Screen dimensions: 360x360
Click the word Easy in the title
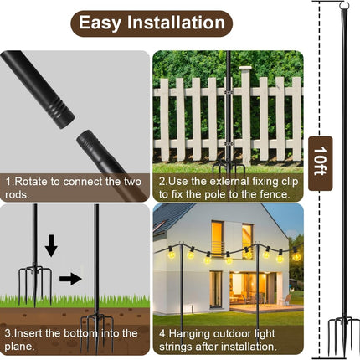100,23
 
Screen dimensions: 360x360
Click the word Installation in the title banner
176,23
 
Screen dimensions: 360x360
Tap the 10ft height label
320,161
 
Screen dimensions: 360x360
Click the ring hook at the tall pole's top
345,5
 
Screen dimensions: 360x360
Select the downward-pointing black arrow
51,245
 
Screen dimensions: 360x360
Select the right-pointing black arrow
70,279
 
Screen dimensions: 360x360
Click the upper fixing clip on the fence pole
229,91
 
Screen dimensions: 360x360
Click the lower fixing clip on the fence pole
229,144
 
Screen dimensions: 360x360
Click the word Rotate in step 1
31,182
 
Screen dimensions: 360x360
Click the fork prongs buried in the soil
96,332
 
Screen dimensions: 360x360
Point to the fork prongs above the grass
35,283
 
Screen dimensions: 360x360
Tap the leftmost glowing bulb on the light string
171,253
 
